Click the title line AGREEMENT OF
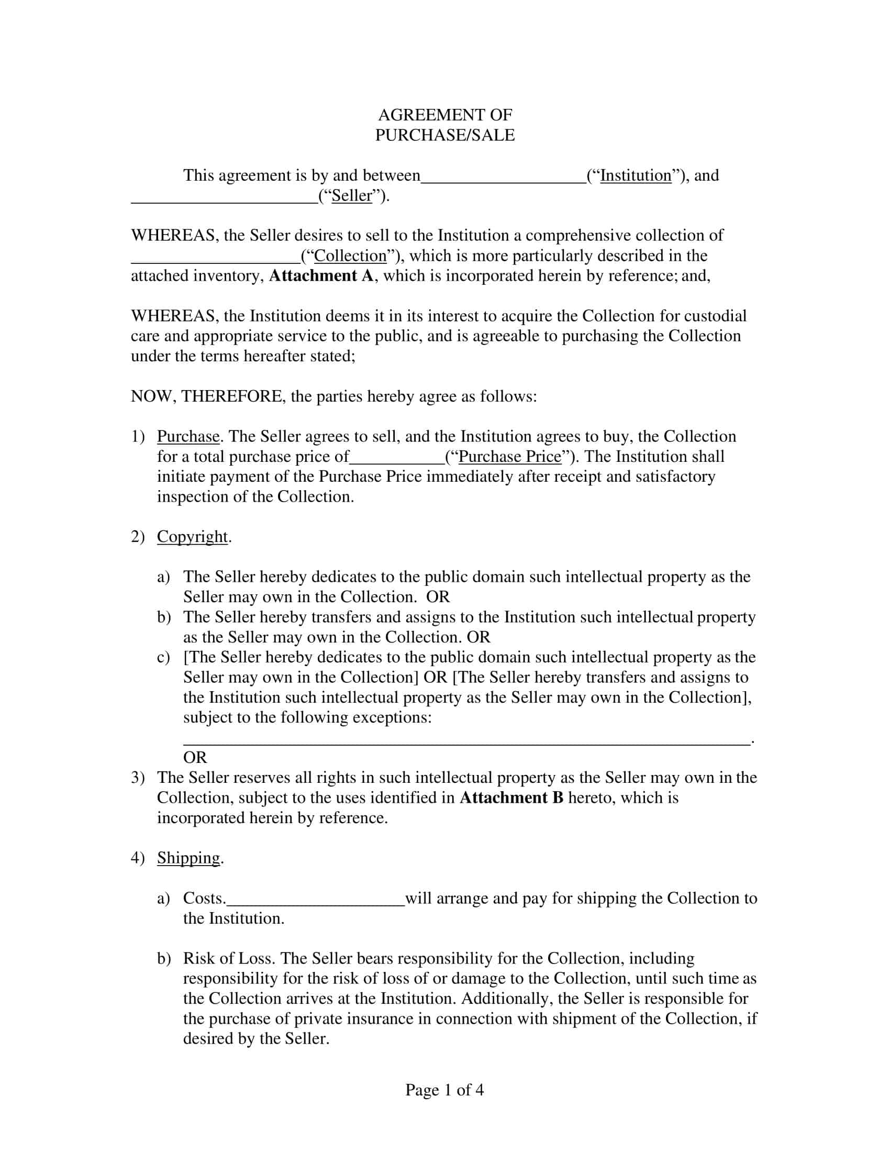point(444,115)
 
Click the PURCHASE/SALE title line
point(444,135)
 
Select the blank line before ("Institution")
point(504,179)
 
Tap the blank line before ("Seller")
point(224,200)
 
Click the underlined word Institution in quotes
point(636,175)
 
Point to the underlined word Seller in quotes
point(352,196)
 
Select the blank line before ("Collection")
point(215,260)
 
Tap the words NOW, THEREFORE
point(206,396)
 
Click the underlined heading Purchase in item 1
point(188,437)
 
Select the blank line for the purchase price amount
point(397,461)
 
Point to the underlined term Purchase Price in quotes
point(510,457)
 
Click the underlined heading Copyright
point(192,537)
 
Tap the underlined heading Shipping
point(188,858)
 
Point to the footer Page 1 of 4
point(444,1090)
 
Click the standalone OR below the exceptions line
point(195,758)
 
